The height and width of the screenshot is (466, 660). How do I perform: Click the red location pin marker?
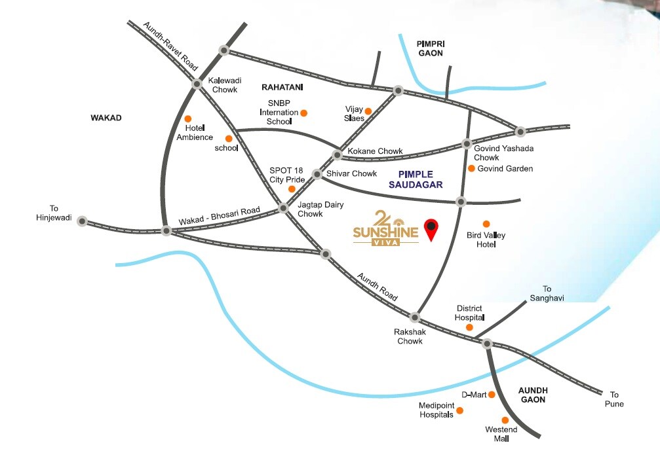[431, 228]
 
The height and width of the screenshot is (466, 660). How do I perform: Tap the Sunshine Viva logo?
[385, 228]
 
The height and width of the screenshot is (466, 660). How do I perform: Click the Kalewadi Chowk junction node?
[197, 84]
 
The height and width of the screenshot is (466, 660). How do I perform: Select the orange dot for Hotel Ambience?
[187, 118]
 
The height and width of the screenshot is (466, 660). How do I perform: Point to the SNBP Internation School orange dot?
[303, 113]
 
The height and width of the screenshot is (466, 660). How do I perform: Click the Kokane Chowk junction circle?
[338, 155]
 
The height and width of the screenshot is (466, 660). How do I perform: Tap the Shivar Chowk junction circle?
[317, 174]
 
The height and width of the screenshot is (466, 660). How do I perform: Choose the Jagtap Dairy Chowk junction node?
[284, 208]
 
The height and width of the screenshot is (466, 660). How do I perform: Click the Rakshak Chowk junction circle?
[414, 317]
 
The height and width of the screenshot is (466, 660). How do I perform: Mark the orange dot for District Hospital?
[469, 327]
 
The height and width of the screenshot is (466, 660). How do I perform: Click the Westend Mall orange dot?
[505, 420]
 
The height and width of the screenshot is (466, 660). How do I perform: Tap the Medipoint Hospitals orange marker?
[459, 410]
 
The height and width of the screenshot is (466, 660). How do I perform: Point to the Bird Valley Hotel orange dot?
[486, 224]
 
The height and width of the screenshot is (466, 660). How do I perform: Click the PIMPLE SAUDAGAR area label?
[420, 179]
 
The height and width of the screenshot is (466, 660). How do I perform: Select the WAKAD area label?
[106, 118]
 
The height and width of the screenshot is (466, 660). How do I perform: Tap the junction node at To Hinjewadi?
[82, 221]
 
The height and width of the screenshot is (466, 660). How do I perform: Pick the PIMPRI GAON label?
[430, 48]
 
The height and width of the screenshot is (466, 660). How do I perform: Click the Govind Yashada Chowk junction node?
[467, 143]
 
